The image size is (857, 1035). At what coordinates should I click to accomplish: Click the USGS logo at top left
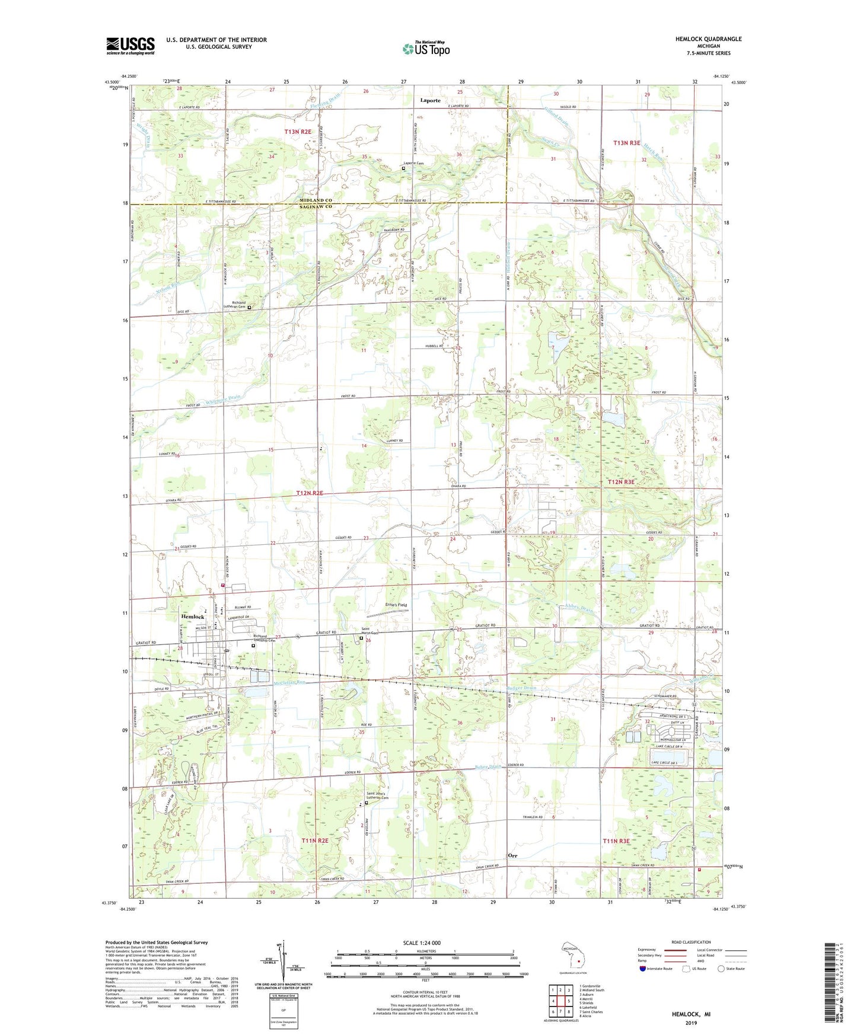click(x=130, y=46)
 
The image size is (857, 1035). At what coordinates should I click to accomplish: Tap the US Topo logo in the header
click(x=426, y=49)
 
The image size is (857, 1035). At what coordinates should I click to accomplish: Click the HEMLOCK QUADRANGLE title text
click(x=708, y=39)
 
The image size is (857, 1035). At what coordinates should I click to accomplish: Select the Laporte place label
click(x=430, y=100)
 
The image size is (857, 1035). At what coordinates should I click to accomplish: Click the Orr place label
click(x=513, y=855)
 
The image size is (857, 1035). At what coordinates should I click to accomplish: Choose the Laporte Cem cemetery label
click(x=413, y=163)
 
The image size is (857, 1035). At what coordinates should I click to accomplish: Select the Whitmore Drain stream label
click(x=224, y=400)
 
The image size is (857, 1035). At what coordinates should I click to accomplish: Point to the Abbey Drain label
click(x=579, y=608)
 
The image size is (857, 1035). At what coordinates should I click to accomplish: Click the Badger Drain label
click(x=522, y=688)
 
